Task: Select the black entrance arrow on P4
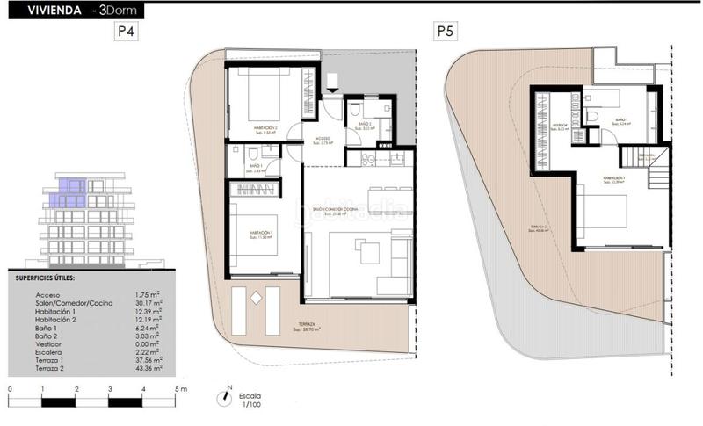click(331, 83)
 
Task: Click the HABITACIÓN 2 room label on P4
click(266, 128)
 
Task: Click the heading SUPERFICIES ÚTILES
click(45, 278)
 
